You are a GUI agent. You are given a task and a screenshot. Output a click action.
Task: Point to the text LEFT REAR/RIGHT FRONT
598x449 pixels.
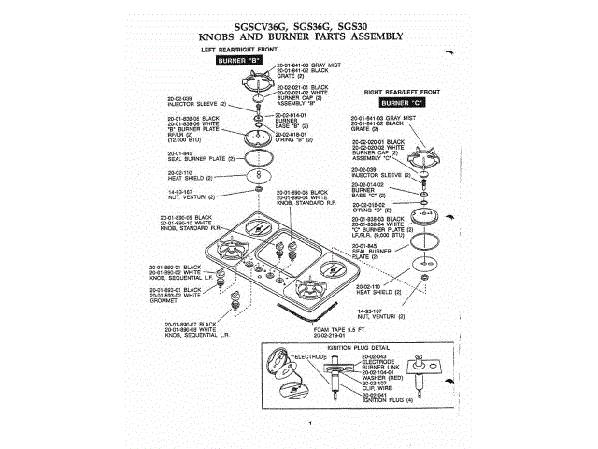click(x=239, y=49)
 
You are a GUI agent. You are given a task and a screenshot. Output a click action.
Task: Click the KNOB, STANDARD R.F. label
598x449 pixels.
click(x=308, y=201)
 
